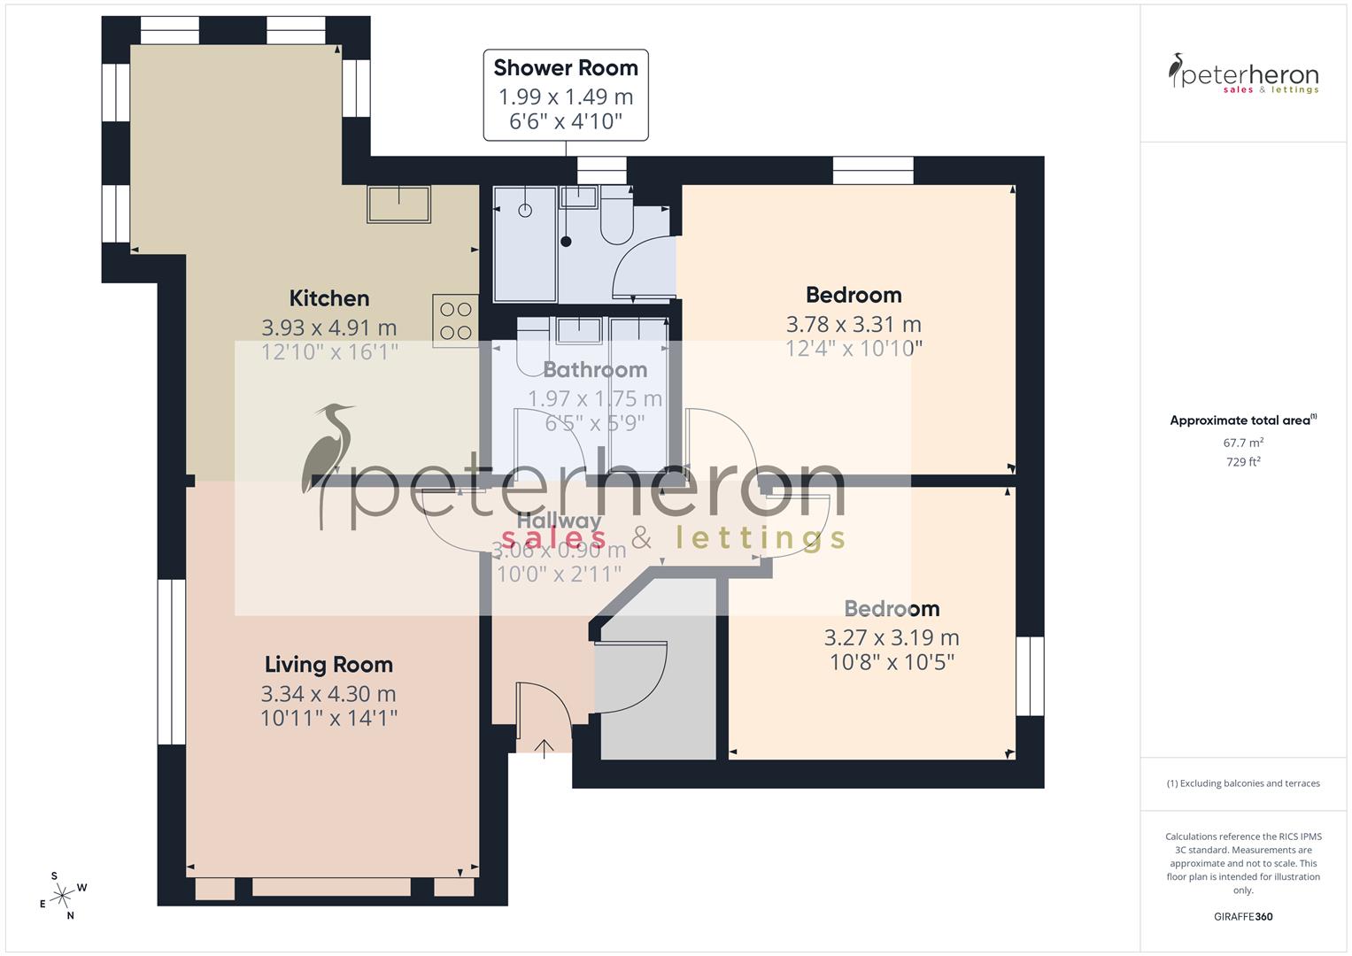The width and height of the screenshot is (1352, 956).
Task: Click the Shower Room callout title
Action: pos(566,68)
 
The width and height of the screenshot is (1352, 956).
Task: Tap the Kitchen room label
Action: pos(329,298)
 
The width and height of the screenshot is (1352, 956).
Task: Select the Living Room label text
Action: pos(328,665)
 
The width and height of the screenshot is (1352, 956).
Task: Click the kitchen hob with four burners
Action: pos(456,320)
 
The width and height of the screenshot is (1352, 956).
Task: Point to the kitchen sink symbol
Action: pos(398,204)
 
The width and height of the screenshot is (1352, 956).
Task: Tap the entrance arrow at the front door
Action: pos(544,749)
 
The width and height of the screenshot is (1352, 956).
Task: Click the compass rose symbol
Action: pos(62,896)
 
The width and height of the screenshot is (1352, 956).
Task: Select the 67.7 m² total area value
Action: pos(1243,443)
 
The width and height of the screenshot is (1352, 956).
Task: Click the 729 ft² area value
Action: pos(1243,462)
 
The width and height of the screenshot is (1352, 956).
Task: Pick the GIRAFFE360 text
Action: pos(1243,916)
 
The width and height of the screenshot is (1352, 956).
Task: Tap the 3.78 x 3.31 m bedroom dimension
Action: pos(854,324)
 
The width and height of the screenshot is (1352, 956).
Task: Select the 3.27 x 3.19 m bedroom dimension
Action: pos(892,637)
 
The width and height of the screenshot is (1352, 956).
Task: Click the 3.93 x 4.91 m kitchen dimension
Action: pos(329,328)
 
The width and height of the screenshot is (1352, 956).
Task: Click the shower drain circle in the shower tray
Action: pos(525,211)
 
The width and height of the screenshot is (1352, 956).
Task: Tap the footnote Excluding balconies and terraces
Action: pos(1243,783)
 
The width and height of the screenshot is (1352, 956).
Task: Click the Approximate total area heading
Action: pos(1242,420)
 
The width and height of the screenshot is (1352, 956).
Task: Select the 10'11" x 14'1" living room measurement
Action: pos(328,718)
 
